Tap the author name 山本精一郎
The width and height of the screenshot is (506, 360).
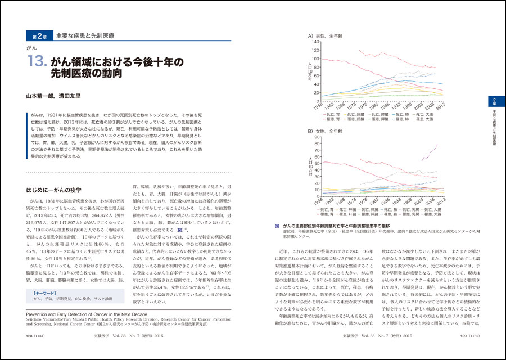coord(43,96)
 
